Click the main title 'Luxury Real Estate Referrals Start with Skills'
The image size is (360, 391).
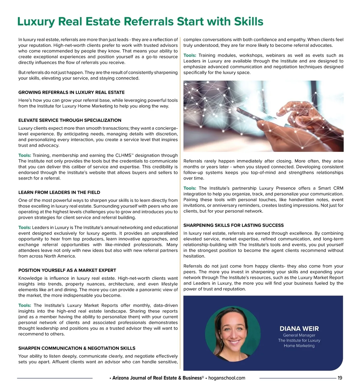[x=140, y=22]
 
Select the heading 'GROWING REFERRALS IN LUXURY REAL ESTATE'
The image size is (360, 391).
[x=71, y=92]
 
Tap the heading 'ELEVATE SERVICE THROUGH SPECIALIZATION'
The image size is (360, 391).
[x=70, y=120]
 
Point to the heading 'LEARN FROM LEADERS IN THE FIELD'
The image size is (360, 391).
[x=59, y=192]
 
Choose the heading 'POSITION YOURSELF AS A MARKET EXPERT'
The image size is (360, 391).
[x=67, y=270]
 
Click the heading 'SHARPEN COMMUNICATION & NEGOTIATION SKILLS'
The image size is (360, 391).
[x=77, y=348]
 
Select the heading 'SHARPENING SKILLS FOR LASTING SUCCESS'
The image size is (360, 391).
[x=233, y=225]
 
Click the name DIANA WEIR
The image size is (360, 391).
[x=299, y=329]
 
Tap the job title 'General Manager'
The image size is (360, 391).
[x=299, y=335]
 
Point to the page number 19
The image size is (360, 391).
[x=340, y=378]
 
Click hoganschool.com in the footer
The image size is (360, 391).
[x=226, y=378]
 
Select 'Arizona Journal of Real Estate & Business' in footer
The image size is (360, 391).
[x=157, y=378]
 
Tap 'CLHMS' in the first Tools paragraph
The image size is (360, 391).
[x=123, y=156]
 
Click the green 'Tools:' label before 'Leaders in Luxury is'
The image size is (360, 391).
[x=25, y=228]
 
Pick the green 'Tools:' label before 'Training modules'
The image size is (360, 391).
[x=190, y=56]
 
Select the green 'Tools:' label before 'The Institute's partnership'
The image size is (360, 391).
[x=190, y=188]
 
